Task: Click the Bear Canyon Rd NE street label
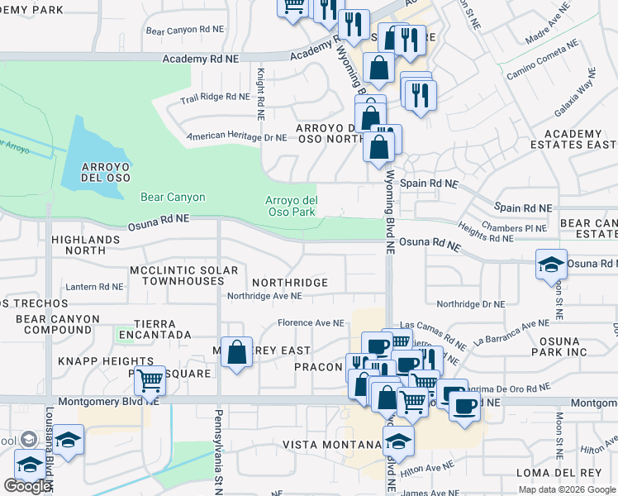click(x=184, y=29)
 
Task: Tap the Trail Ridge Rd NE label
click(x=214, y=97)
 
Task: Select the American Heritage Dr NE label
click(x=235, y=137)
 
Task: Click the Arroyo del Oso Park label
click(x=291, y=206)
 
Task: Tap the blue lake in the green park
click(x=91, y=157)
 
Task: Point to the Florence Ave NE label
click(x=310, y=323)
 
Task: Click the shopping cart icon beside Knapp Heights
click(x=150, y=380)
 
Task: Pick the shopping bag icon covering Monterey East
click(x=237, y=352)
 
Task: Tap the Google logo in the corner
click(x=26, y=486)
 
